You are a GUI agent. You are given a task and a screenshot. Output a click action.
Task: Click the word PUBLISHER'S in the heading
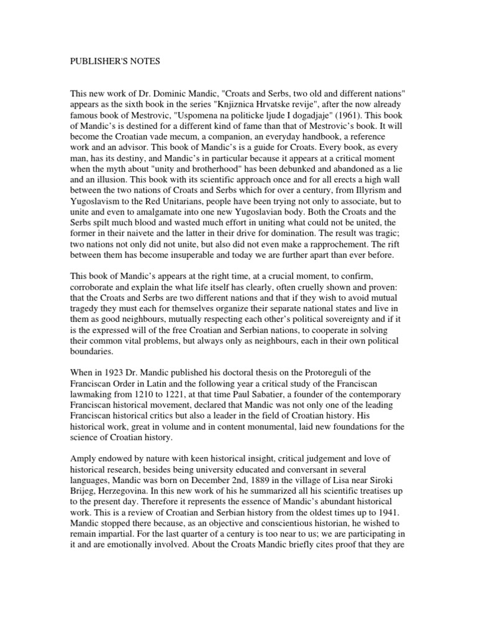click(x=94, y=62)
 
